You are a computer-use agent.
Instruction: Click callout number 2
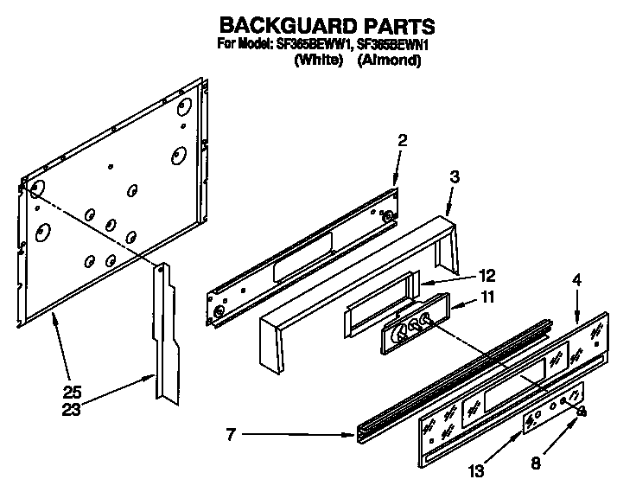pyautogui.click(x=402, y=139)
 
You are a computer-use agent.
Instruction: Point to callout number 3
pyautogui.click(x=455, y=176)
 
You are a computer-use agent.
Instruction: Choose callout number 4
pyautogui.click(x=577, y=279)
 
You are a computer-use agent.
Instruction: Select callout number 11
pyautogui.click(x=488, y=298)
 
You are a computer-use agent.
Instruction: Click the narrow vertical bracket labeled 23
pyautogui.click(x=167, y=329)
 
